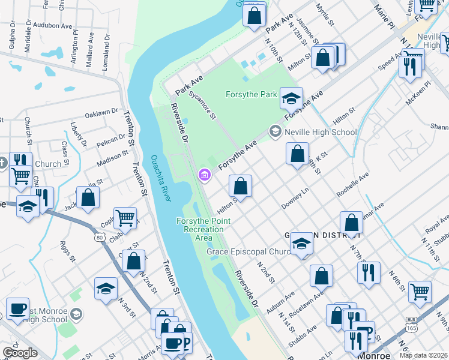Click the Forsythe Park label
click(251, 94)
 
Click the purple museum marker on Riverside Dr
click(205, 175)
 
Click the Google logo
click(20, 353)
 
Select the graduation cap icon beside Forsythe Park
click(291, 98)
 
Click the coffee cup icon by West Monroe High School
click(17, 309)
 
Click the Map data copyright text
click(424, 355)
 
